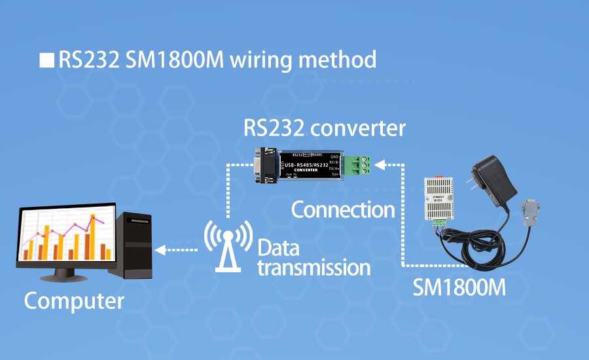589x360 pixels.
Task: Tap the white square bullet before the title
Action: click(x=46, y=60)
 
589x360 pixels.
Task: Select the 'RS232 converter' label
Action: click(x=325, y=128)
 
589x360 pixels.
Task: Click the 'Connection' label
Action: click(x=343, y=210)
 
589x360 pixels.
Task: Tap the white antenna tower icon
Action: click(x=228, y=244)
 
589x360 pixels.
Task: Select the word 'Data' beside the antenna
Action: click(x=278, y=248)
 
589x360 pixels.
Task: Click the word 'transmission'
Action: click(x=314, y=267)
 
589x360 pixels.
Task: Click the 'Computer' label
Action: click(x=74, y=301)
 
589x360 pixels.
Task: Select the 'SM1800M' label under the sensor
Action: click(x=459, y=287)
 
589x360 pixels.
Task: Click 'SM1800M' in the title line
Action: click(x=175, y=60)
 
